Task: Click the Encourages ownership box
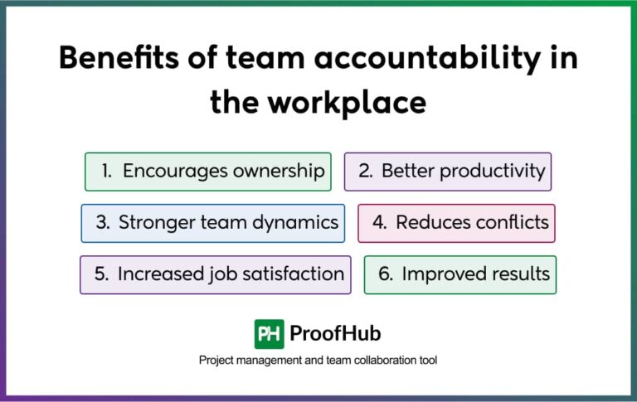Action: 208,172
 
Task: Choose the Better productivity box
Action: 448,172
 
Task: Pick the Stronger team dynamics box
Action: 213,223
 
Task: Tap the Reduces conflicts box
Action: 457,223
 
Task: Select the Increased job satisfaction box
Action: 216,274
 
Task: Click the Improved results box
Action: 460,274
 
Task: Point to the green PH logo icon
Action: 269,333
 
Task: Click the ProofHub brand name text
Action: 335,334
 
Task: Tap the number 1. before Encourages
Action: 106,172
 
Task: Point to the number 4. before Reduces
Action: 379,223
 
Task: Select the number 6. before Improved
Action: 386,274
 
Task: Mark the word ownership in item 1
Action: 277,172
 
